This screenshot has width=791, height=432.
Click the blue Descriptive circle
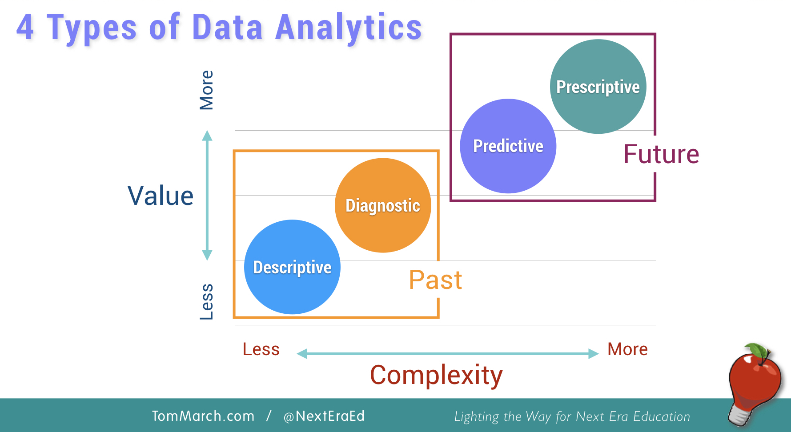click(292, 267)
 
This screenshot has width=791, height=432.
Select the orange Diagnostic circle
click(383, 205)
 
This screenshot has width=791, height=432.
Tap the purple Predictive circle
click(508, 146)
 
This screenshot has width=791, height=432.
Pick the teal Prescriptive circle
click(598, 87)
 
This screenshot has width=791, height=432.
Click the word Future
click(661, 154)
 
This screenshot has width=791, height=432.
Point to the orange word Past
click(435, 280)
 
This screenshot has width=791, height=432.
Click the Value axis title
click(161, 196)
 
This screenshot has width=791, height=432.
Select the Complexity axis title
click(436, 375)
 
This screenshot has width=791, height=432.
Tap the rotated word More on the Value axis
click(207, 90)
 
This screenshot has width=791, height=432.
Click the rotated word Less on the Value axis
click(207, 301)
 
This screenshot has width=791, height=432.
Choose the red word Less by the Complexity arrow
click(261, 349)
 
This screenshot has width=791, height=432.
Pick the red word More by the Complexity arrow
click(627, 349)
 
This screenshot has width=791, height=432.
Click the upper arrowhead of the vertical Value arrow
click(207, 135)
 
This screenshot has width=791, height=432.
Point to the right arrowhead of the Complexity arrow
click(594, 354)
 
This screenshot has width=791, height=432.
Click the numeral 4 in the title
click(25, 28)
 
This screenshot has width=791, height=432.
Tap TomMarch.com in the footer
click(203, 416)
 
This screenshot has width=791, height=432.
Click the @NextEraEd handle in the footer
click(324, 416)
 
